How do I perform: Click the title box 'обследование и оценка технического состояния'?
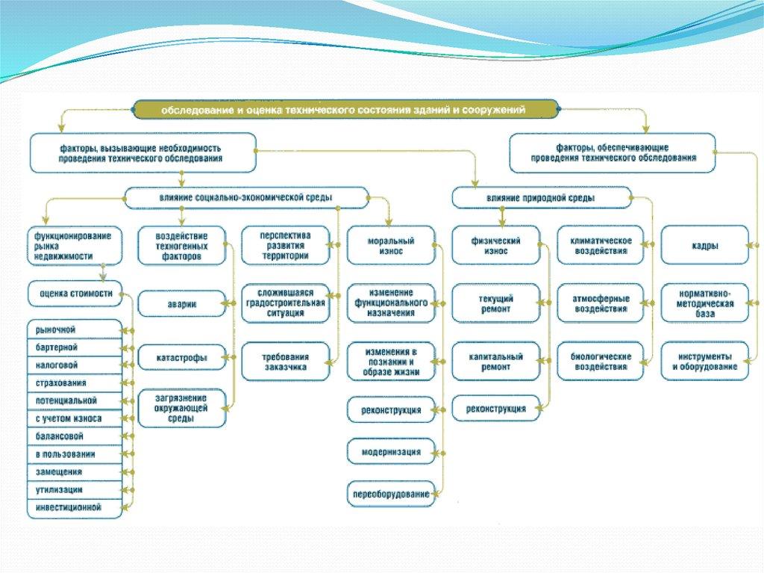tap(345, 110)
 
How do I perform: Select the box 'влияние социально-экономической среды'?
tap(245, 197)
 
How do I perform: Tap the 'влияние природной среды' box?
tap(541, 198)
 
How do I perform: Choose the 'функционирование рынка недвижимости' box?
tap(73, 245)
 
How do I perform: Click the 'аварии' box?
tap(182, 303)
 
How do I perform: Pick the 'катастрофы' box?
tap(182, 358)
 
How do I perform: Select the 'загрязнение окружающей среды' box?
tap(182, 408)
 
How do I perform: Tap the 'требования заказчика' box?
tap(285, 362)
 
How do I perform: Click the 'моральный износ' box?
tap(390, 246)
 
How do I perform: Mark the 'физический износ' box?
tap(495, 246)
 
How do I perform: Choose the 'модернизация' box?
tap(390, 452)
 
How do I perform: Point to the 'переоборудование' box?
tap(390, 495)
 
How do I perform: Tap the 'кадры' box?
tap(704, 246)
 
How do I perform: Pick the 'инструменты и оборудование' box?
tap(704, 362)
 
